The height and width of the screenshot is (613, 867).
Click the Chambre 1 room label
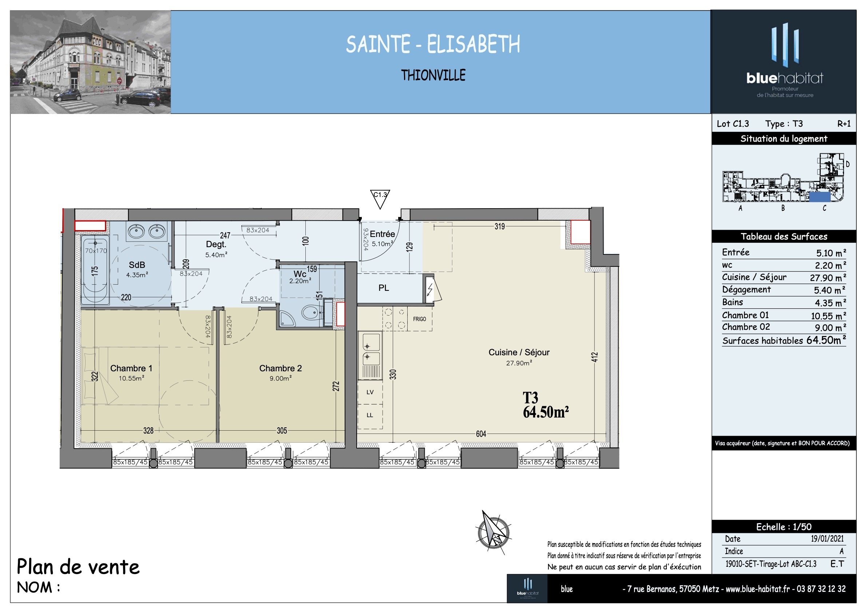click(x=131, y=368)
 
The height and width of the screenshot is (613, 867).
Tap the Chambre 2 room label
click(x=281, y=368)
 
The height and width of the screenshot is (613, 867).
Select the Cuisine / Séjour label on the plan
click(x=519, y=352)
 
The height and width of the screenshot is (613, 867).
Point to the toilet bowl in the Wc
click(x=312, y=312)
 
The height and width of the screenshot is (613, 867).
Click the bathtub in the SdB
click(x=95, y=270)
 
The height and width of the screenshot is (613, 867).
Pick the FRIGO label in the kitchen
click(x=419, y=319)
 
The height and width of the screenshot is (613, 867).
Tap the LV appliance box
click(x=370, y=392)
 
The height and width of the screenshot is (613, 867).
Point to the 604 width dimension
click(x=481, y=434)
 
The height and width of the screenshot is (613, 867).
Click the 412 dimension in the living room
click(x=595, y=357)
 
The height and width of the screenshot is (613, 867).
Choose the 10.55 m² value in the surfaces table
click(x=828, y=316)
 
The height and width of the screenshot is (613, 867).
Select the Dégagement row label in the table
click(x=746, y=290)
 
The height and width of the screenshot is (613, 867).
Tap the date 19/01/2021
click(x=827, y=539)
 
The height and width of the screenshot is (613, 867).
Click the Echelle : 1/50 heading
click(x=784, y=527)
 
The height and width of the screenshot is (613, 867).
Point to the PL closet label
click(x=384, y=288)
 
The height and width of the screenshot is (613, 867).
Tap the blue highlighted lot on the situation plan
click(x=819, y=197)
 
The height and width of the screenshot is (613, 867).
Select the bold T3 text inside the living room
click(x=530, y=398)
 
